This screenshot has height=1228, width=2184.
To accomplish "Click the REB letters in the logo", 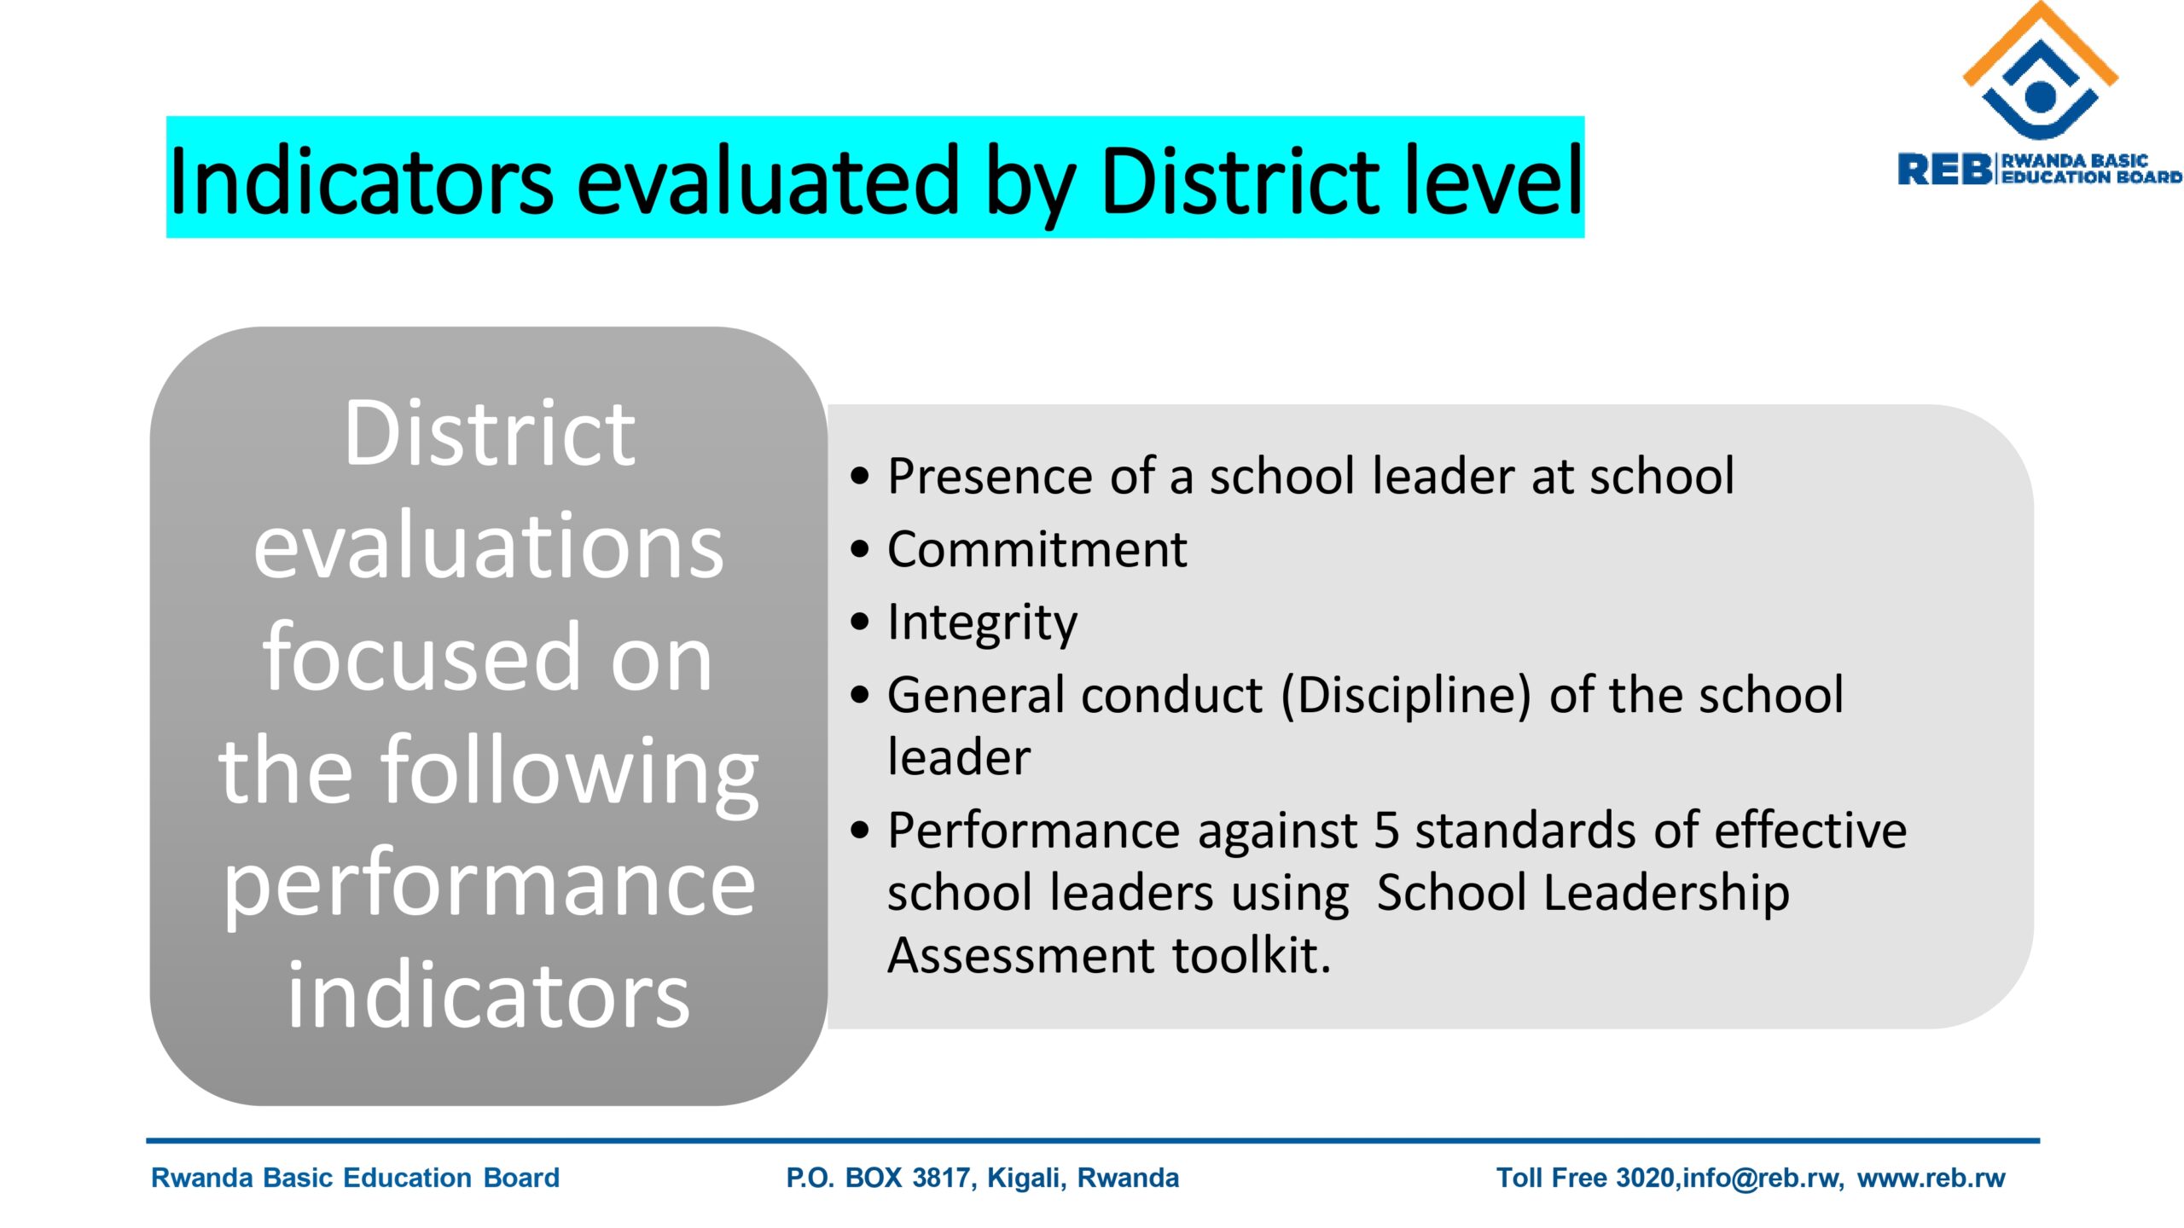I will [x=1943, y=169].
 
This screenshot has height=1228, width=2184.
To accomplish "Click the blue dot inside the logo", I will [x=2040, y=96].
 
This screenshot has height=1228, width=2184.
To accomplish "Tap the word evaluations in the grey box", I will [x=488, y=546].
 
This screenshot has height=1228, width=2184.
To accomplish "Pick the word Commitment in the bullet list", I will [x=1037, y=549].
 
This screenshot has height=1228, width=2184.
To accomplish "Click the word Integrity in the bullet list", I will [x=982, y=623].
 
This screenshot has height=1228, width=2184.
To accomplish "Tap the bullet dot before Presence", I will [x=860, y=476].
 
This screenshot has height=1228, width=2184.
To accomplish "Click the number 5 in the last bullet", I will [x=1386, y=831].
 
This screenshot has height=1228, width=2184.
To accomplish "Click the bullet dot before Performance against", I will [x=860, y=830].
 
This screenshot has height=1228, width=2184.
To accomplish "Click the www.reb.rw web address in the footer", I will [x=1931, y=1178].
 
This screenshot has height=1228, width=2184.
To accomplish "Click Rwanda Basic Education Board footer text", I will [x=355, y=1178].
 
